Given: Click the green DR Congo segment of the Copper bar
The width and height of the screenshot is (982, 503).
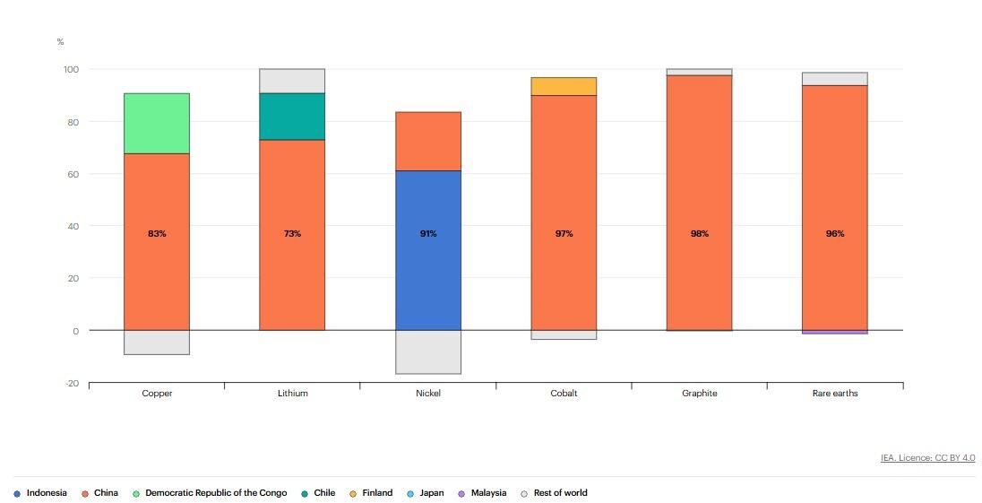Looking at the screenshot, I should coord(157,123).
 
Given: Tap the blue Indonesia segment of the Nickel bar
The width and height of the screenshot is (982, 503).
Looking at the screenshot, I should coord(428,269).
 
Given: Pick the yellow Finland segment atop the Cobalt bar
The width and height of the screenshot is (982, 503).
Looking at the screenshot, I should coord(564,86).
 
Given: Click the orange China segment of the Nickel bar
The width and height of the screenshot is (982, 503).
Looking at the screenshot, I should coord(428,141).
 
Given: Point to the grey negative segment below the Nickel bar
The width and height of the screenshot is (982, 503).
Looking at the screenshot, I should coord(428,351).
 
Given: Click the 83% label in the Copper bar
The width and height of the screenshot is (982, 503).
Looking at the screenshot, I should coord(157,234).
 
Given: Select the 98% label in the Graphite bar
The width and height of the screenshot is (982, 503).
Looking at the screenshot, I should coord(700,234).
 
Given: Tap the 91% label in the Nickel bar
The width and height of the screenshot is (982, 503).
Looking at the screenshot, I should coord(428,234).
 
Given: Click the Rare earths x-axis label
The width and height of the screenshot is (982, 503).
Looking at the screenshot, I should coord(835,394).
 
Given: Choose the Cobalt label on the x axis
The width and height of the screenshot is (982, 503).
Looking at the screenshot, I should coord(564,394).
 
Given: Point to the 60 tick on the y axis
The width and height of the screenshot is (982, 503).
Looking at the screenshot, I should coord(72,174).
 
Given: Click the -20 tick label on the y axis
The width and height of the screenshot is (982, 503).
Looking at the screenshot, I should coord(71,384).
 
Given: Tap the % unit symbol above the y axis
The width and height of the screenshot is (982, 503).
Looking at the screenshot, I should coord(60,42).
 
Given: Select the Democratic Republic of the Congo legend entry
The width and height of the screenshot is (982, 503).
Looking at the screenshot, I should coord(215,493).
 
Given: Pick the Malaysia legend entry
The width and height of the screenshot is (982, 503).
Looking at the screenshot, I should coord(488,493).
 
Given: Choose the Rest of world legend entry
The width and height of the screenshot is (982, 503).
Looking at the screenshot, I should coord(560,493).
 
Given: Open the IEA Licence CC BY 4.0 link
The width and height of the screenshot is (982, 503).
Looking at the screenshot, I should coord(927,458).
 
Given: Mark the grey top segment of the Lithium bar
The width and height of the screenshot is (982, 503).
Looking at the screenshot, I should coord(292,81).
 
